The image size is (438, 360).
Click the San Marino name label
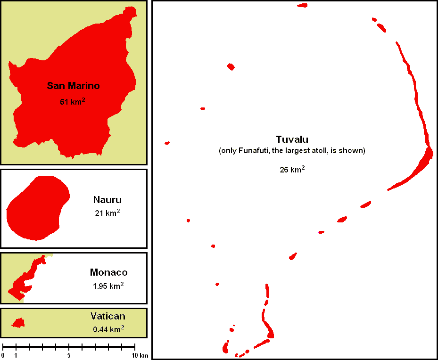(x=74, y=86)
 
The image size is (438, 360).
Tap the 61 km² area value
(x=73, y=101)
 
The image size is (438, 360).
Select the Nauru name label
(x=107, y=200)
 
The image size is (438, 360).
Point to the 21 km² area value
(x=107, y=213)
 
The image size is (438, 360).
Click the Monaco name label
(x=108, y=272)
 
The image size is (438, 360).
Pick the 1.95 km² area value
(x=108, y=286)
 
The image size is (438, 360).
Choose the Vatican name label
(x=108, y=316)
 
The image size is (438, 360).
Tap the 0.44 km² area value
(x=108, y=329)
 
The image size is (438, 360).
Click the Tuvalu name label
(x=292, y=139)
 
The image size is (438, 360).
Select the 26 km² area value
(x=292, y=170)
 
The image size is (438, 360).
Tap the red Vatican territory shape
(x=18, y=323)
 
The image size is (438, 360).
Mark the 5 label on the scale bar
(x=69, y=355)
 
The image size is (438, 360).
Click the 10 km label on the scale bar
(x=140, y=355)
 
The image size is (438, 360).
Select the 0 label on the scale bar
(x=3, y=355)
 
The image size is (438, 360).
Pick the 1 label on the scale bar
(x=16, y=355)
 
